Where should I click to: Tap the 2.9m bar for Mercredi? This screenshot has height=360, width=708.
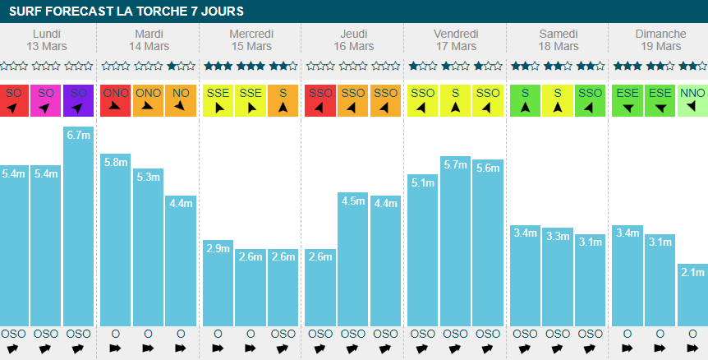pos(218,283)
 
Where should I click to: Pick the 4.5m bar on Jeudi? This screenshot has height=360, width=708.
pos(353,259)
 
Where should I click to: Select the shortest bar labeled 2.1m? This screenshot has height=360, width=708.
pos(692,295)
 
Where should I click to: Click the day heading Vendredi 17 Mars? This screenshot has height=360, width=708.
pos(455,39)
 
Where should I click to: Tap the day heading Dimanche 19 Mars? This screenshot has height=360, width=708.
pos(660,39)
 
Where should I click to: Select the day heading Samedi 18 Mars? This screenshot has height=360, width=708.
pos(558,39)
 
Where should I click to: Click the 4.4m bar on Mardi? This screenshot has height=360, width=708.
pos(181,261)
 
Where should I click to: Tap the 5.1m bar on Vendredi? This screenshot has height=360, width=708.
pos(422,250)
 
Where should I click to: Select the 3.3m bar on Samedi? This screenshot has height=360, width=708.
pos(558,277)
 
